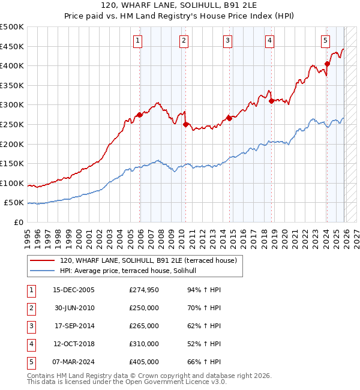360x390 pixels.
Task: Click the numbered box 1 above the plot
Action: [x=137, y=41]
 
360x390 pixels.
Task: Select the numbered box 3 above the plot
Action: [x=228, y=41]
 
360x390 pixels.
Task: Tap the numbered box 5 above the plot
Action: [x=325, y=41]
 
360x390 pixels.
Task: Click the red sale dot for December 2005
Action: [x=140, y=115]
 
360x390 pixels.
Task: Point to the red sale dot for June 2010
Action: [x=186, y=124]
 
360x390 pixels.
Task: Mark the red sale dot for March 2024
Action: [x=327, y=64]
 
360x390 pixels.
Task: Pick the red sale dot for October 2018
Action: [x=272, y=101]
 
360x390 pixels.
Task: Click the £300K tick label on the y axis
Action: [x=12, y=105]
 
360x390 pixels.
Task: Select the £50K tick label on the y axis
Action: [x=14, y=203]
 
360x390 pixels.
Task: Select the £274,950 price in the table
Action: [x=144, y=290]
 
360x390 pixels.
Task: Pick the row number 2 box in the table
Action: [x=30, y=308]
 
